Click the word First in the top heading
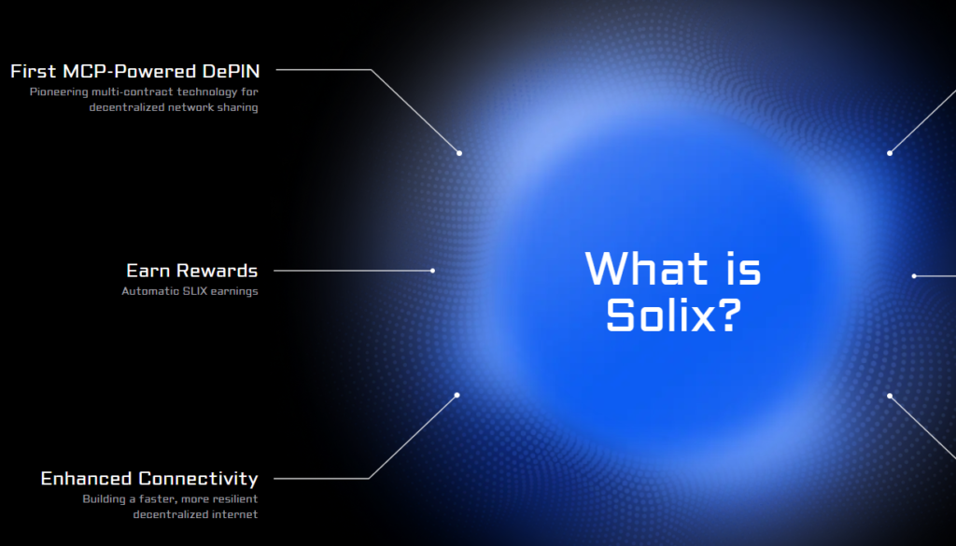click(x=34, y=71)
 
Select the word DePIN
click(x=232, y=71)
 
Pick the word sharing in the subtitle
click(x=238, y=108)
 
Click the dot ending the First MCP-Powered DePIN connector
click(x=459, y=153)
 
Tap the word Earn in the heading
click(x=145, y=271)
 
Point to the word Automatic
click(x=150, y=291)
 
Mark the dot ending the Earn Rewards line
click(x=432, y=271)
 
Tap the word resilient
click(x=234, y=499)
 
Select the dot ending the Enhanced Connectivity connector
click(x=457, y=396)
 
